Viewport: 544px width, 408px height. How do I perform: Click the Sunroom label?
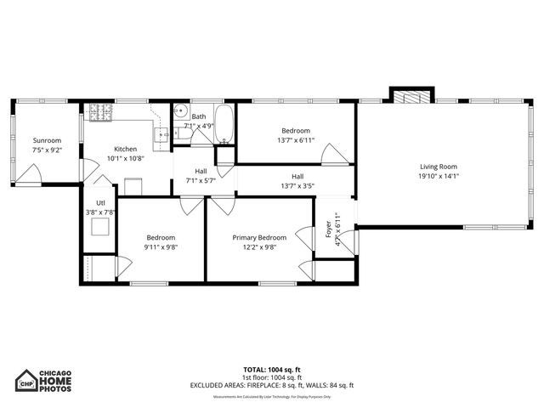point(47,140)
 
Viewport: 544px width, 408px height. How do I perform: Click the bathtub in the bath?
point(224,124)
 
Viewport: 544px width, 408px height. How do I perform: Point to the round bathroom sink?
point(180,111)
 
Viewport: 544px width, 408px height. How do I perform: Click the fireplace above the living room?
point(411,95)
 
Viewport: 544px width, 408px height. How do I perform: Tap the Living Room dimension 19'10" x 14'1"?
point(439,177)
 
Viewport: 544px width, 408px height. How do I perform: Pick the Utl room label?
point(100,202)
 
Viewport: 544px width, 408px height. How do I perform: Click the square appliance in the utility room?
point(101,227)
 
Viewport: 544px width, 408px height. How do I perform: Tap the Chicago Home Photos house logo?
point(27,381)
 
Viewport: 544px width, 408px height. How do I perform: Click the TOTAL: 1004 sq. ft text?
point(271,370)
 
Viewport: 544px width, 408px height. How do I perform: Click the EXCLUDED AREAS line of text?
point(271,385)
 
